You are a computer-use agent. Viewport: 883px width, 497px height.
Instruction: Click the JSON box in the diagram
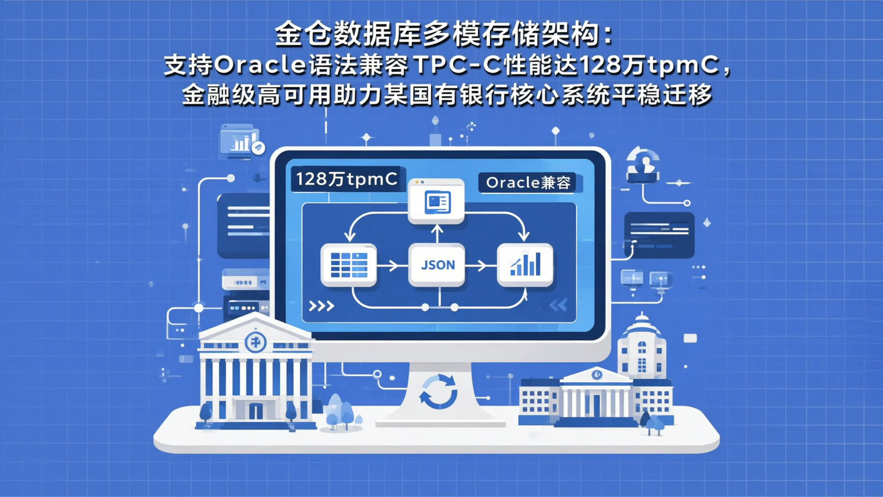(437, 264)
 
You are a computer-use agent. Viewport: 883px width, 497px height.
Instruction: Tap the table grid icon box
(348, 264)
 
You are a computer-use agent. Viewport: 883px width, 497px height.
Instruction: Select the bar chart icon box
(525, 264)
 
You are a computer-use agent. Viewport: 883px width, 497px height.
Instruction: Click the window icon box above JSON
(437, 201)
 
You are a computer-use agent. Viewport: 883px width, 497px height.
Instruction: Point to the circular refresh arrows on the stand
(438, 391)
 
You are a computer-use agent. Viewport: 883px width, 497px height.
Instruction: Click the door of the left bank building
(255, 410)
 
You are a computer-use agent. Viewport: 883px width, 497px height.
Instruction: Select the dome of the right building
(641, 324)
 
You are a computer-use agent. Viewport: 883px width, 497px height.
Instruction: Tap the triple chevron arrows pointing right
(321, 306)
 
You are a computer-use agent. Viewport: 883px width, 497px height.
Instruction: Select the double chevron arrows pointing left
(558, 305)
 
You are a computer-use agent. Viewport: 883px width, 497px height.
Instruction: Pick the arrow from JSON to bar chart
(477, 266)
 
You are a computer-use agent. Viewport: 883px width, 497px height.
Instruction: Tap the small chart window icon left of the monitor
(240, 141)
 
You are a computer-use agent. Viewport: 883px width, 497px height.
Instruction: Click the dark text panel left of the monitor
(243, 217)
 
